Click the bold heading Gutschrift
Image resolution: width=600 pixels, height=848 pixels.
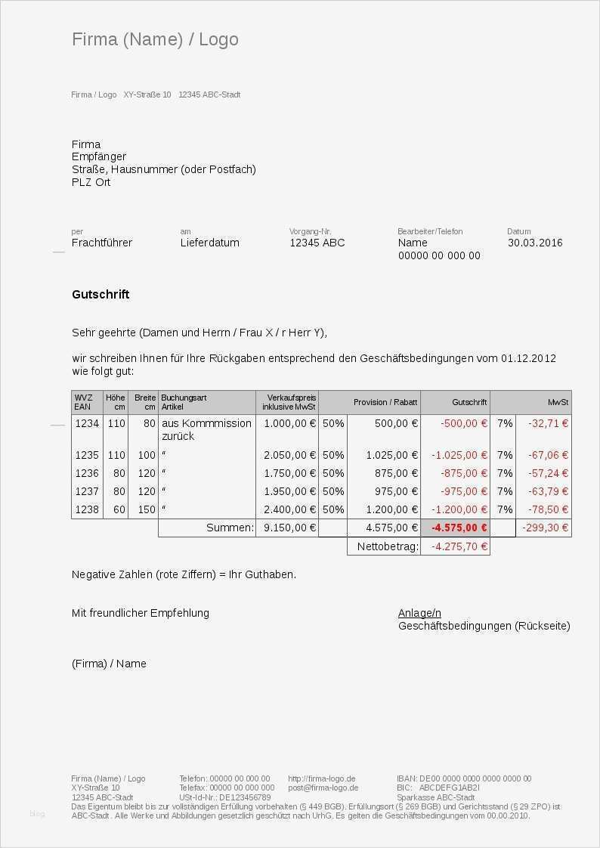coord(101,294)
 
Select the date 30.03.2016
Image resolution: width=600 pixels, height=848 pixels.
coord(535,243)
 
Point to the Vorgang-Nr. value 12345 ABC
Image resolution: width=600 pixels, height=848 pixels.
coord(317,243)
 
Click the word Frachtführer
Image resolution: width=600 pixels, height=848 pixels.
coord(102,243)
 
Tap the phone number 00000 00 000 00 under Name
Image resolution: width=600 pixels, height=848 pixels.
coord(439,255)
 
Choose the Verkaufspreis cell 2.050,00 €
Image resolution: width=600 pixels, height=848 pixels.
coord(289,455)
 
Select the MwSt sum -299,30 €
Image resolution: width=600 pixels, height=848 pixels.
coord(545,528)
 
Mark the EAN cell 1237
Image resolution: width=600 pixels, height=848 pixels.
coord(87,491)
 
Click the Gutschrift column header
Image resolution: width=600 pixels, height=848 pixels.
coord(470,402)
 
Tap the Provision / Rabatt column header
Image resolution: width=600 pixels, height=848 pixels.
coord(385,402)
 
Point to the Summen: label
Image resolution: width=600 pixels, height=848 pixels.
coord(230,528)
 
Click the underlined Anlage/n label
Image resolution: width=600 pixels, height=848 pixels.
coord(419,613)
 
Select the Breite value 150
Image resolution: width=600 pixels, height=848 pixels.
coord(146,509)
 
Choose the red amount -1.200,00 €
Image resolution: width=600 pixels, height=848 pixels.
coord(459,509)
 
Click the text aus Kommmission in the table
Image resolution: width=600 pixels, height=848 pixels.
coord(206,423)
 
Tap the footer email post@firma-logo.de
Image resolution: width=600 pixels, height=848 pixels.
coord(323,788)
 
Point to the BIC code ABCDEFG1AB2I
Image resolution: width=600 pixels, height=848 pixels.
coord(450,788)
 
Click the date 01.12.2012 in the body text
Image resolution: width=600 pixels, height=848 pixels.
coord(528,358)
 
